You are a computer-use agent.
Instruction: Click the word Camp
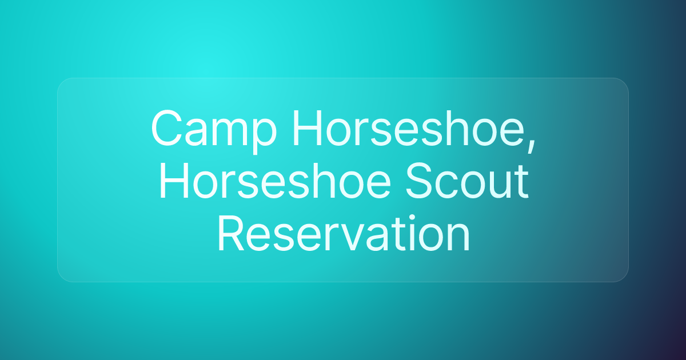pos(214,131)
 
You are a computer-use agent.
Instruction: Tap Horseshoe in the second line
pos(275,181)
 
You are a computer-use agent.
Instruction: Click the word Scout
pos(468,181)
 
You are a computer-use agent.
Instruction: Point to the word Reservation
pos(344,233)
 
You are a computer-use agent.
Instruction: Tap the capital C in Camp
pos(167,128)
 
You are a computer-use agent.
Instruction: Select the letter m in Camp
pos(230,132)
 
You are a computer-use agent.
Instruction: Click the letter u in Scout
pos(498,186)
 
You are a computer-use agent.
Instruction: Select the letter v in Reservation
pos(348,238)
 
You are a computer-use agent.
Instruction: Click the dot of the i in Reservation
pos(412,218)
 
